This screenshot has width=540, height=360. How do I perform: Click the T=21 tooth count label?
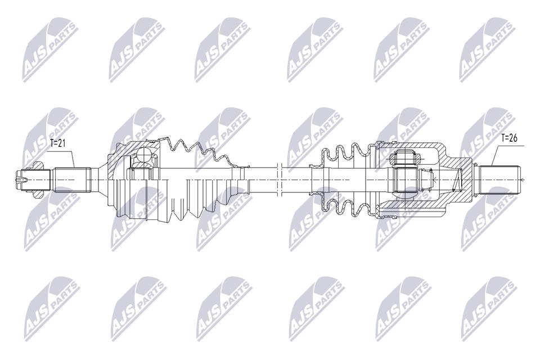click(57, 143)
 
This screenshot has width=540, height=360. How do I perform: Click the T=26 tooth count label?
click(508, 138)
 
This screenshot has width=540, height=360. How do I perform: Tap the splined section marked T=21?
click(73, 180)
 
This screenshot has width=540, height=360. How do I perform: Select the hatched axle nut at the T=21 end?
click(36, 180)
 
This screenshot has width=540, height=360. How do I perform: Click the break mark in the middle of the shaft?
click(280, 180)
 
